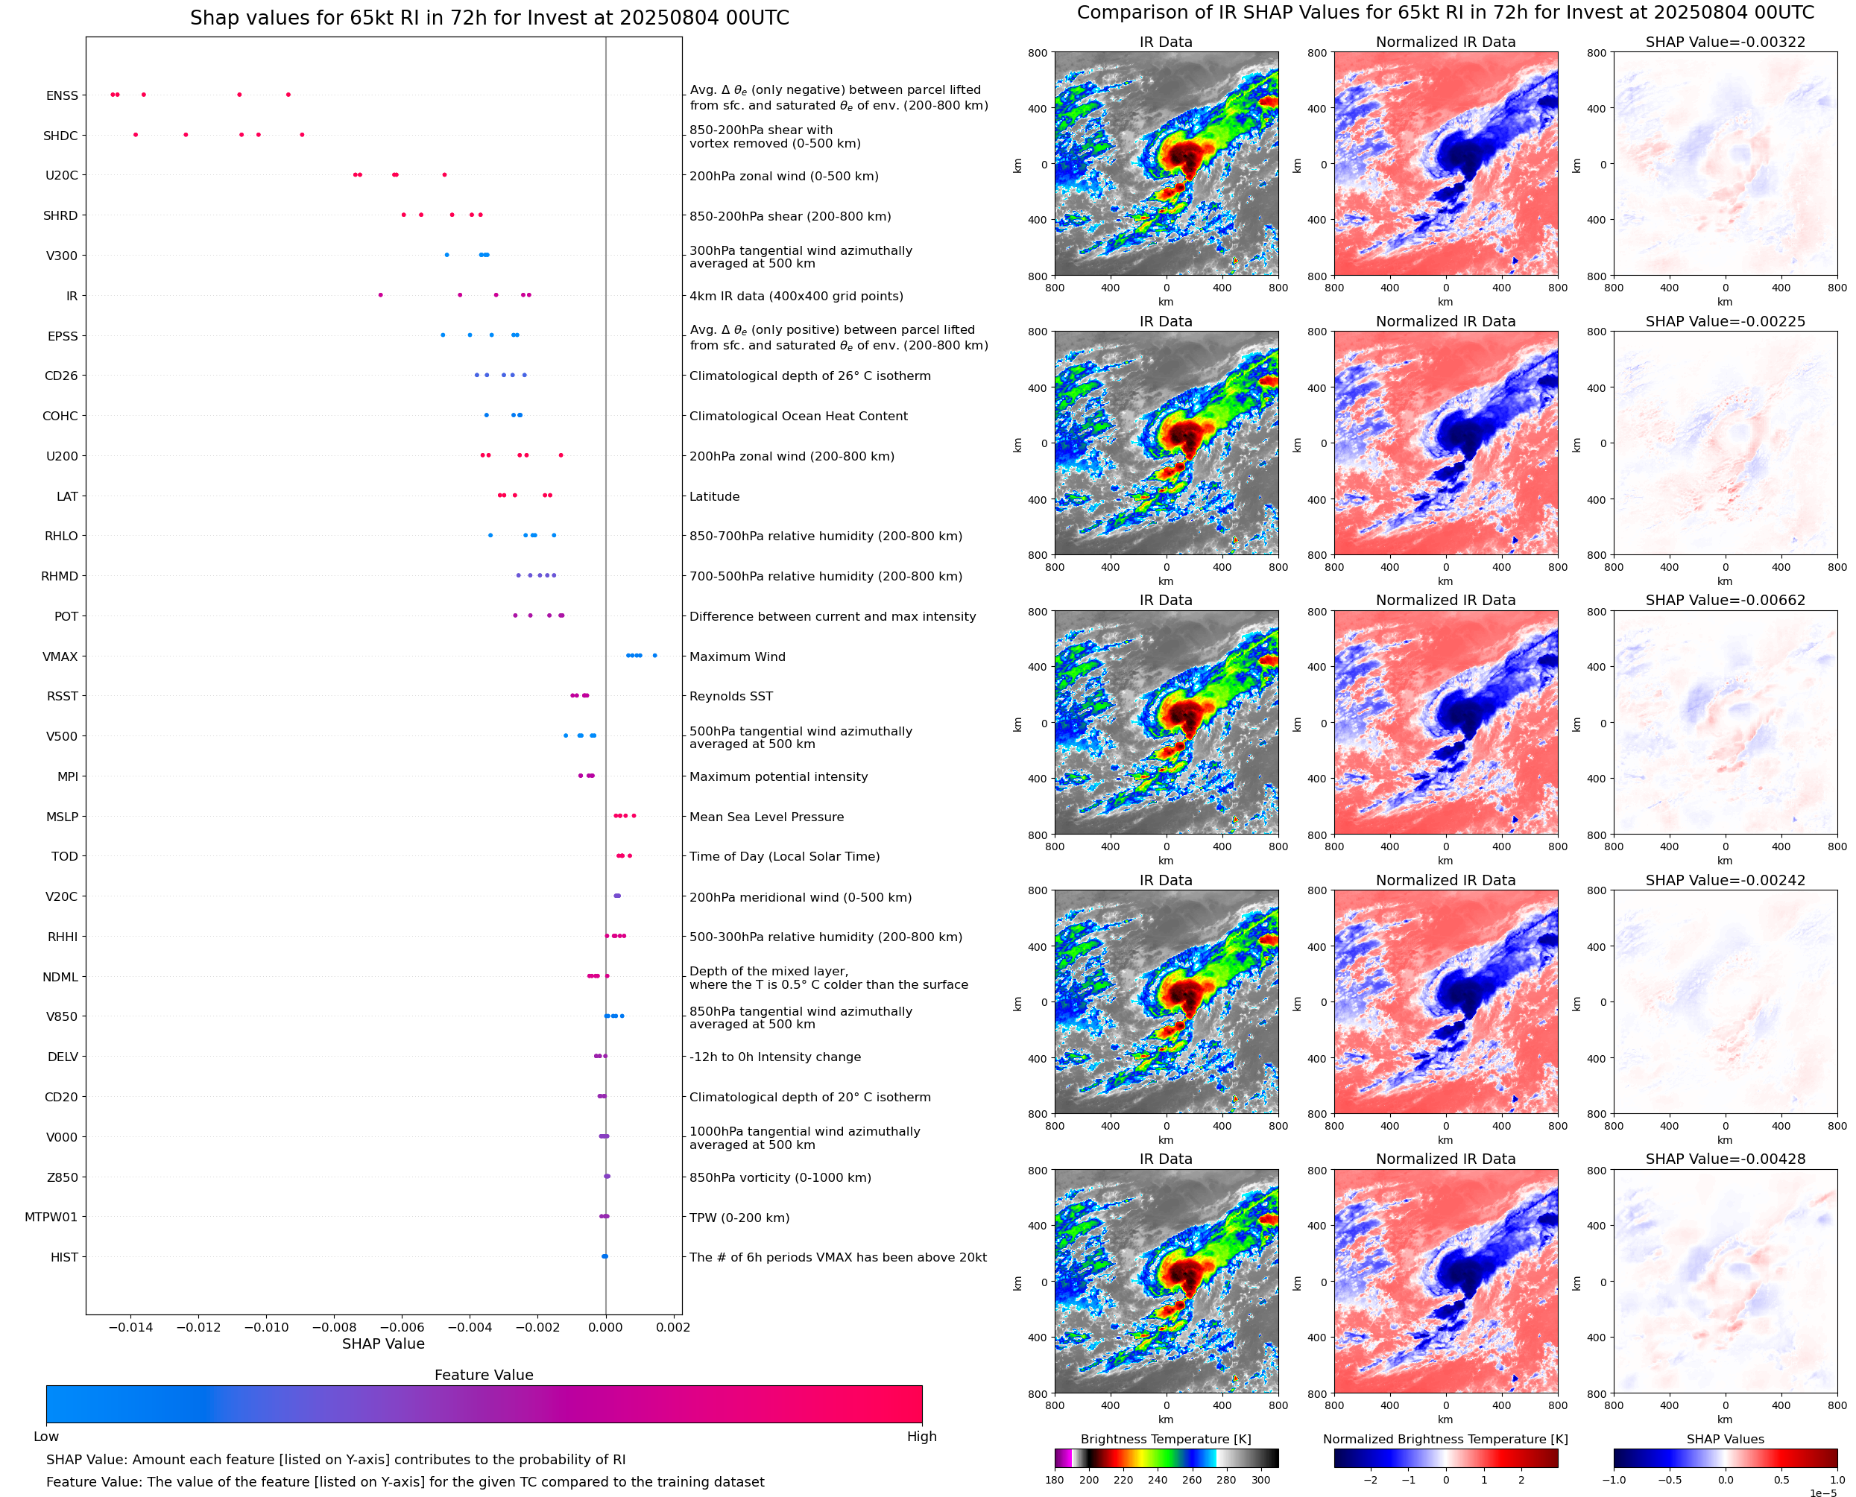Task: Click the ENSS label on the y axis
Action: [x=62, y=95]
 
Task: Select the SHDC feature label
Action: [x=60, y=136]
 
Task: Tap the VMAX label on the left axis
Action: [x=60, y=657]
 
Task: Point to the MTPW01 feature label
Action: [x=51, y=1218]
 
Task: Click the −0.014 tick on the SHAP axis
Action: [x=130, y=1327]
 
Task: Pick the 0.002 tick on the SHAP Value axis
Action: [x=673, y=1327]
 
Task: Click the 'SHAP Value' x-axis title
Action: [x=383, y=1343]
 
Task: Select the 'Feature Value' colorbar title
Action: [x=484, y=1376]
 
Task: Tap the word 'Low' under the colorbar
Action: [x=45, y=1437]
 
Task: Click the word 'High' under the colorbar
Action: [x=921, y=1437]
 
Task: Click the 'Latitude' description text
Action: [x=714, y=497]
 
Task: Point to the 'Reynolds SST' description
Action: [x=731, y=697]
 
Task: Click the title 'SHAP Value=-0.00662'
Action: [x=1725, y=600]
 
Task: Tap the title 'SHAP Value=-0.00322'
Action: [x=1725, y=42]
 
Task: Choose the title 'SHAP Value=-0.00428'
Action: [x=1725, y=1159]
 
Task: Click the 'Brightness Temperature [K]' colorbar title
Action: [x=1165, y=1439]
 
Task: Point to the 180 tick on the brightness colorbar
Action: [x=1055, y=1480]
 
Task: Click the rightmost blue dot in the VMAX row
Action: [x=654, y=656]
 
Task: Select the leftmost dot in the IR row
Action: [x=380, y=296]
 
